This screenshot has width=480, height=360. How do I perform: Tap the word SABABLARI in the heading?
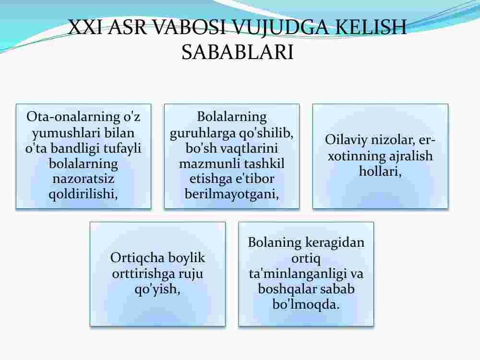[238, 52]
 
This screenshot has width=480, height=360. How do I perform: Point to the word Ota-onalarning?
[73, 117]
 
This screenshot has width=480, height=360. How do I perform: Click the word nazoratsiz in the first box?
[83, 179]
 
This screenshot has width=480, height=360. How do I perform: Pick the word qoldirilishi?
[83, 194]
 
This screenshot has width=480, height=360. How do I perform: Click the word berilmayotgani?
[232, 194]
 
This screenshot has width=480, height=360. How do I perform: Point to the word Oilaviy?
[346, 140]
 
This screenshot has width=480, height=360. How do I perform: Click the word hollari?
[380, 171]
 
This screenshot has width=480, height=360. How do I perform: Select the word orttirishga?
[139, 274]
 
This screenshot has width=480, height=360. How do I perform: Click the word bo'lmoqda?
[306, 305]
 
